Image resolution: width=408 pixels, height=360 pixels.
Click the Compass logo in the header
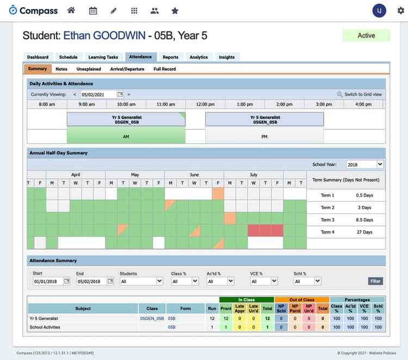click(33, 10)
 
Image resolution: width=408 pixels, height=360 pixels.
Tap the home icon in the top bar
click(71, 10)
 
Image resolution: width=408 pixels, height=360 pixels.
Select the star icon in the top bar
click(175, 10)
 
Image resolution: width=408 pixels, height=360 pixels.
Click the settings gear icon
click(400, 11)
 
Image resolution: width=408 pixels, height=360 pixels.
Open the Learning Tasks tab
click(103, 57)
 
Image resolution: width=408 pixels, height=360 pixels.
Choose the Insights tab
click(227, 57)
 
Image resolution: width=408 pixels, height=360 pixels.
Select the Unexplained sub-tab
click(89, 69)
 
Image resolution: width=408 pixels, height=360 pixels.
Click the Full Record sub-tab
click(164, 69)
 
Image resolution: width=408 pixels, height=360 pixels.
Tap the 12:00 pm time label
click(205, 104)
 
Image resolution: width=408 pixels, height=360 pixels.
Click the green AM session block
click(126, 137)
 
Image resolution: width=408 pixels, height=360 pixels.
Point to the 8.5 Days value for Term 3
click(364, 220)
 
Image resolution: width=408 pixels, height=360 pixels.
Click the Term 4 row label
click(327, 232)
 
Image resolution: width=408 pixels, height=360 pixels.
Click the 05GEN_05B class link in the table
click(152, 318)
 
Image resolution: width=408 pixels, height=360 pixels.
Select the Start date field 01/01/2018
click(48, 281)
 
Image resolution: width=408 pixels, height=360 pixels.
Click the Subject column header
click(83, 308)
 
